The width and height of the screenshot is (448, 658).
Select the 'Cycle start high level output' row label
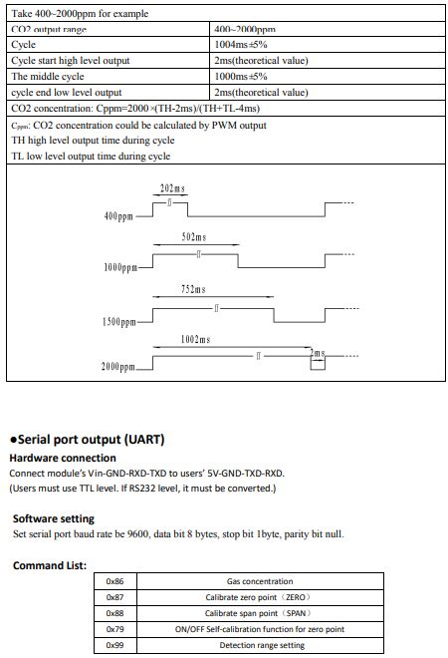tap(71, 61)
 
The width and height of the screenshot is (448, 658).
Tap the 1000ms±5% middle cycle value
tap(241, 77)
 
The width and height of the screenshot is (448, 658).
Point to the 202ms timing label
tap(172, 188)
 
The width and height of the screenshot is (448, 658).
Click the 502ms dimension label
tap(194, 237)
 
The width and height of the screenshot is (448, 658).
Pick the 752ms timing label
tap(193, 289)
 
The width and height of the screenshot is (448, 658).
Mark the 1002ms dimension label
tap(196, 340)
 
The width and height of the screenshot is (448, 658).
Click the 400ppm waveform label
tap(118, 216)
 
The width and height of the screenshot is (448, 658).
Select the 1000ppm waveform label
tap(120, 267)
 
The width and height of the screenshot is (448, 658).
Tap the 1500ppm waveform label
tap(119, 322)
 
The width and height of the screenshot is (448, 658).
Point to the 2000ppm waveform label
tap(118, 367)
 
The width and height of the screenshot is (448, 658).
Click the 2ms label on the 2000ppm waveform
tap(318, 353)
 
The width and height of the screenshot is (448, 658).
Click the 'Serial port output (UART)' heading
tap(88, 440)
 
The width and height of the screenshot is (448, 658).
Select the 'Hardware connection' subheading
tap(63, 458)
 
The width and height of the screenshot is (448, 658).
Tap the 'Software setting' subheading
tap(54, 518)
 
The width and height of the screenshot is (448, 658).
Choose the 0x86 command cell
tap(114, 581)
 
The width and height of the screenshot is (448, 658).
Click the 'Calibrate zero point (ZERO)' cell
tap(259, 597)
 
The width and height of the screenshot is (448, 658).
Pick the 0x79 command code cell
tap(114, 629)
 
